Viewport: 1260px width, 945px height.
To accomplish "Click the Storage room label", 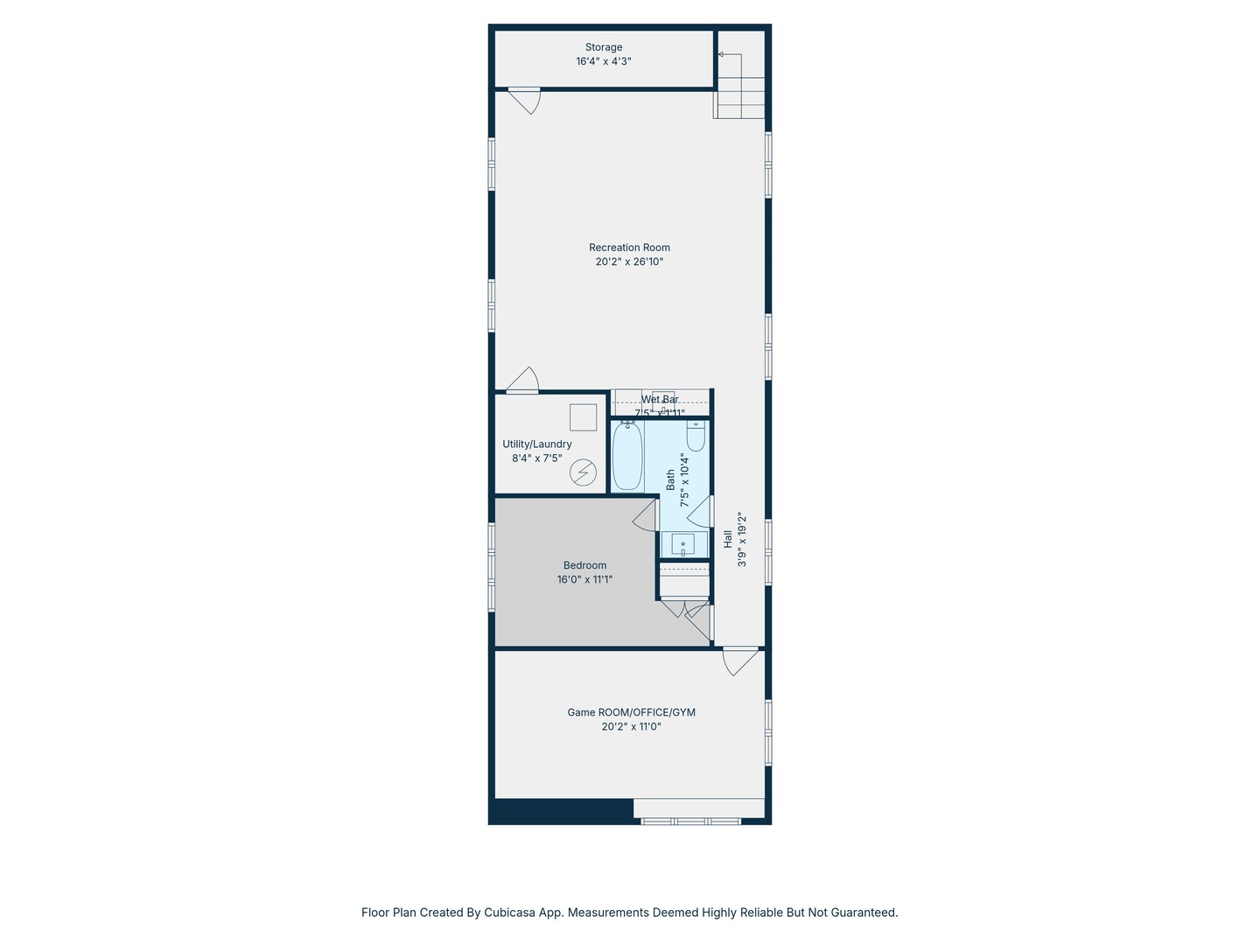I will (x=604, y=47).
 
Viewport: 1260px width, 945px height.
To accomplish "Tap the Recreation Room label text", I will (x=629, y=248).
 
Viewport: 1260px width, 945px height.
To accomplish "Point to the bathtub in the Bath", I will (x=626, y=457).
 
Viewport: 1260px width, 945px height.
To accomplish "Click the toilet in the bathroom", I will (x=696, y=435).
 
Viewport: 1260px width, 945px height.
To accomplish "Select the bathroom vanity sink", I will (x=683, y=544).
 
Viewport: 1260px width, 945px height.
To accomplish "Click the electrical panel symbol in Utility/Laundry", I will (x=584, y=473).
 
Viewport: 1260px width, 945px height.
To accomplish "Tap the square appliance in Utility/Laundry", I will (x=583, y=417).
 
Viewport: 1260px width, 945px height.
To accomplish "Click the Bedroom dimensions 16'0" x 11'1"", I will (x=584, y=579).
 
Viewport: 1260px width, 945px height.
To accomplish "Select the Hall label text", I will (x=728, y=540).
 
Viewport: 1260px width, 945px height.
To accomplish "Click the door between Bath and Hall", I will (x=702, y=513).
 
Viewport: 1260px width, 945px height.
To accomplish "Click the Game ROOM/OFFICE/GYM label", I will (x=631, y=712).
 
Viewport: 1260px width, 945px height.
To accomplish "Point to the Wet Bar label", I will (x=660, y=400).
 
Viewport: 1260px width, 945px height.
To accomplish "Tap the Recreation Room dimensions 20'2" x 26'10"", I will (x=629, y=262).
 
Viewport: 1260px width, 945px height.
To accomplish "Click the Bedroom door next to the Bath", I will (x=646, y=514).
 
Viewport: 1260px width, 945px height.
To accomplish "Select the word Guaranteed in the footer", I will (x=864, y=913).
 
